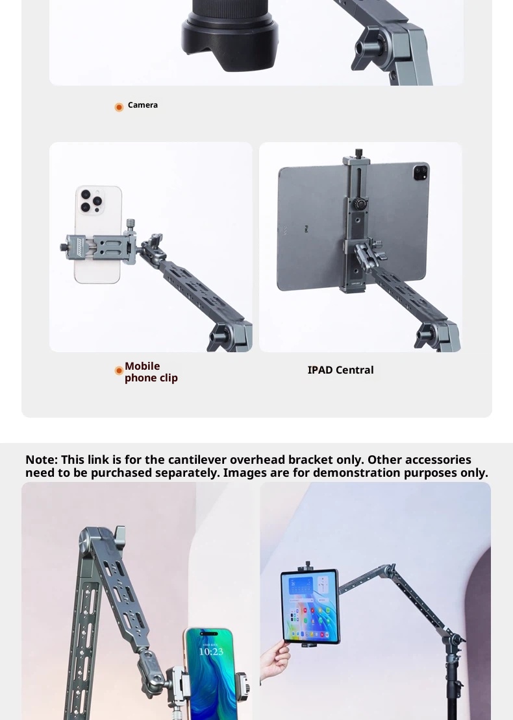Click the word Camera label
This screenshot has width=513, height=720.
point(142,105)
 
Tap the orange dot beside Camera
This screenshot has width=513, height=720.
point(119,107)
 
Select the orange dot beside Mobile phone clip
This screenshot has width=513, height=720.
point(119,370)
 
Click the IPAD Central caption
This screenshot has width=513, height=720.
point(341,370)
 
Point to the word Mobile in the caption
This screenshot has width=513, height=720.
point(142,366)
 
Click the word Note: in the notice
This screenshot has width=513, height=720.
point(42,460)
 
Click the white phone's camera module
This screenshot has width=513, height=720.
point(91,200)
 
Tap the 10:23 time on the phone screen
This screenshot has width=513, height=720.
point(211,652)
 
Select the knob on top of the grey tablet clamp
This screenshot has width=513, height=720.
point(358,153)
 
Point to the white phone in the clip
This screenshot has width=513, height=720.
point(98,234)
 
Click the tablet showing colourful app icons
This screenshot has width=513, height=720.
point(310,606)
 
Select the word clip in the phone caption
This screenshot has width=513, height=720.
point(168,378)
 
